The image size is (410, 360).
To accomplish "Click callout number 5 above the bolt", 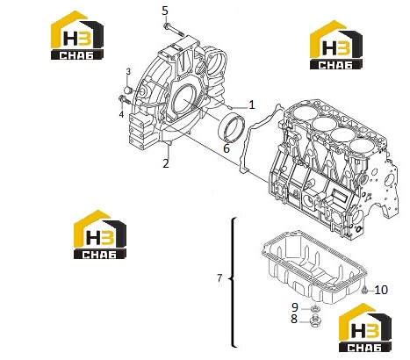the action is [165, 11].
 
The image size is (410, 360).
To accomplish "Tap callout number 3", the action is [128, 71].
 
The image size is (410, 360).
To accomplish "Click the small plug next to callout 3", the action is [129, 90].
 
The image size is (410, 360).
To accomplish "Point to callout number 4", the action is [121, 114].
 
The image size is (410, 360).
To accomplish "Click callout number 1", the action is [251, 104].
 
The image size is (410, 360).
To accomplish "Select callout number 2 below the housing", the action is [166, 163].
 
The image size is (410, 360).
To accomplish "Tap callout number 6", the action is [227, 148].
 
